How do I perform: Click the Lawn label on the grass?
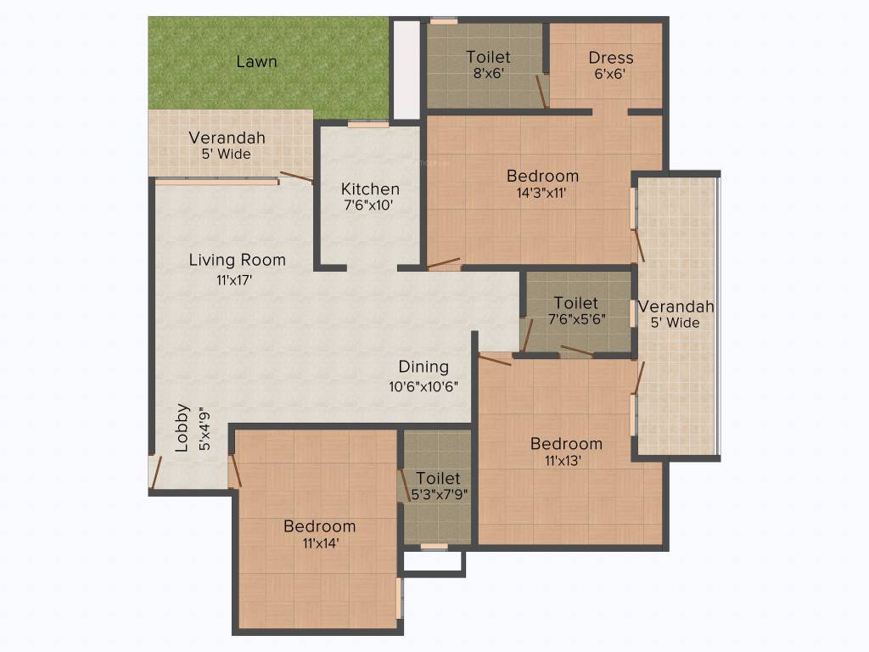coord(256,62)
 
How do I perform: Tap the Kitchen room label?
coord(370,188)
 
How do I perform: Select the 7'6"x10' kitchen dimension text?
coord(369,205)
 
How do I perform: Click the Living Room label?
coord(237,260)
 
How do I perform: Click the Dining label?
coord(423,367)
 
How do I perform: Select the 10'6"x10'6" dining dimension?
coord(423,386)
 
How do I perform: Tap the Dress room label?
coord(611,58)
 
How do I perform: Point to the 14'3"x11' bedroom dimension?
coord(541,193)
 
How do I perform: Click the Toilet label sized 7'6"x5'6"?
coord(575,302)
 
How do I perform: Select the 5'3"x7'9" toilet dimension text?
coord(439,493)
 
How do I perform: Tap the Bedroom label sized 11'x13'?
coord(566,443)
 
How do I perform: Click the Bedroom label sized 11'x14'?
coord(319,526)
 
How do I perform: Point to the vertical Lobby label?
coord(182,438)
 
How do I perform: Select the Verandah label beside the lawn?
coord(227,138)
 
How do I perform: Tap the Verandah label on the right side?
coord(676,306)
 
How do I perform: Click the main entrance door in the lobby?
coord(154,472)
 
